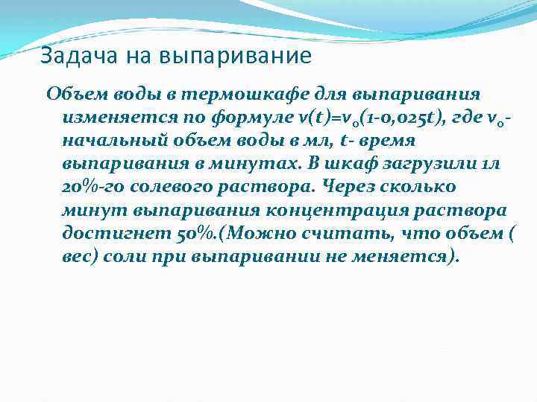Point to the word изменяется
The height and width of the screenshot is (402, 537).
point(108,118)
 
